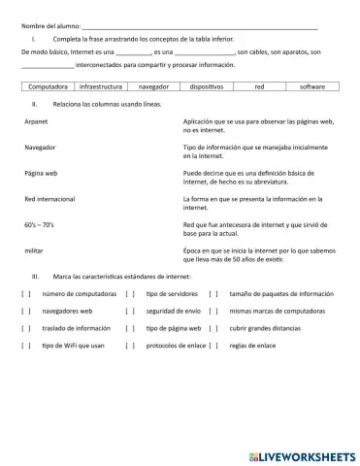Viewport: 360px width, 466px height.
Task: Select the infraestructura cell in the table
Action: (101, 86)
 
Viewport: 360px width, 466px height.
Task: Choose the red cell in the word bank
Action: (259, 86)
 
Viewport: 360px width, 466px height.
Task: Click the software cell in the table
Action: (311, 86)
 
